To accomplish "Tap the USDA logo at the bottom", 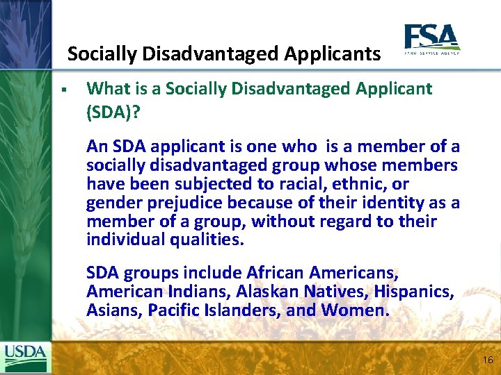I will (26, 358).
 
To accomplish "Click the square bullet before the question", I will (63, 90).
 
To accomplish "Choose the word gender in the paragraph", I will (111, 203).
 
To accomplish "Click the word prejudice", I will (175, 203).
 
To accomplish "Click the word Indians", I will (195, 292).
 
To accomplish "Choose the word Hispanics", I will (411, 292).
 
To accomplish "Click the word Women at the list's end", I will (353, 310).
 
